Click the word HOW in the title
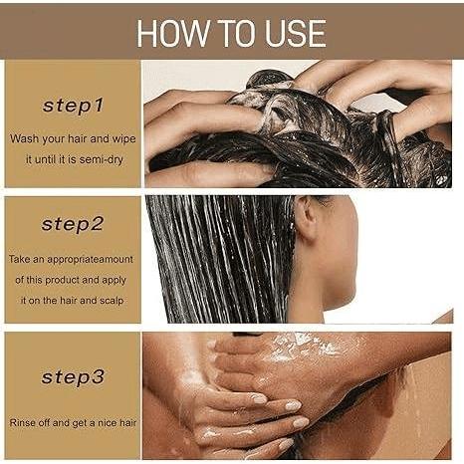172,33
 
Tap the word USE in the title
295,33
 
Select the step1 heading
73,106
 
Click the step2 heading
73,224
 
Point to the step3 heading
73,377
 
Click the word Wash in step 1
24,138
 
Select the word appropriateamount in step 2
90,260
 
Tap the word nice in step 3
108,423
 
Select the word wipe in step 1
123,139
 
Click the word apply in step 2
114,281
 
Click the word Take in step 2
20,259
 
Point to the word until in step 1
46,159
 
